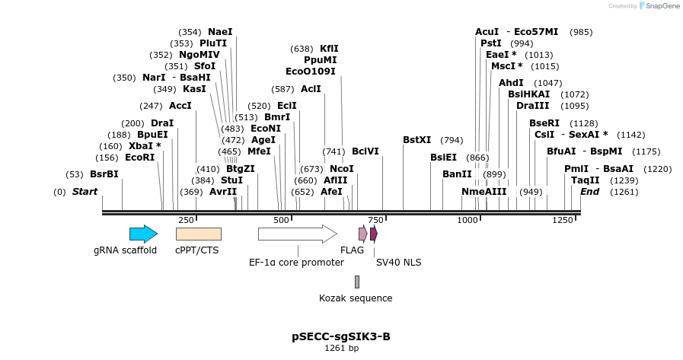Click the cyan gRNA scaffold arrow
(x=143, y=234)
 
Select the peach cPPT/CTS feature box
(x=198, y=234)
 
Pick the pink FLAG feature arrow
(x=363, y=234)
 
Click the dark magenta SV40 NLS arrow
(x=374, y=234)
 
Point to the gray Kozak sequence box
(x=356, y=282)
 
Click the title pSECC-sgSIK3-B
(x=341, y=336)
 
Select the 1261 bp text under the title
(x=341, y=348)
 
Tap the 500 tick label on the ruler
(x=281, y=220)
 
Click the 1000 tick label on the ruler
(x=467, y=220)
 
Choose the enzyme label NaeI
(x=220, y=32)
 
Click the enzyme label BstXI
(x=417, y=140)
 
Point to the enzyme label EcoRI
(x=139, y=158)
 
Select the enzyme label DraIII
(x=532, y=105)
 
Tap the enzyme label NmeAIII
(x=484, y=192)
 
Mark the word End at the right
(x=589, y=192)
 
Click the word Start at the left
(x=85, y=192)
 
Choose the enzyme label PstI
(x=490, y=43)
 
